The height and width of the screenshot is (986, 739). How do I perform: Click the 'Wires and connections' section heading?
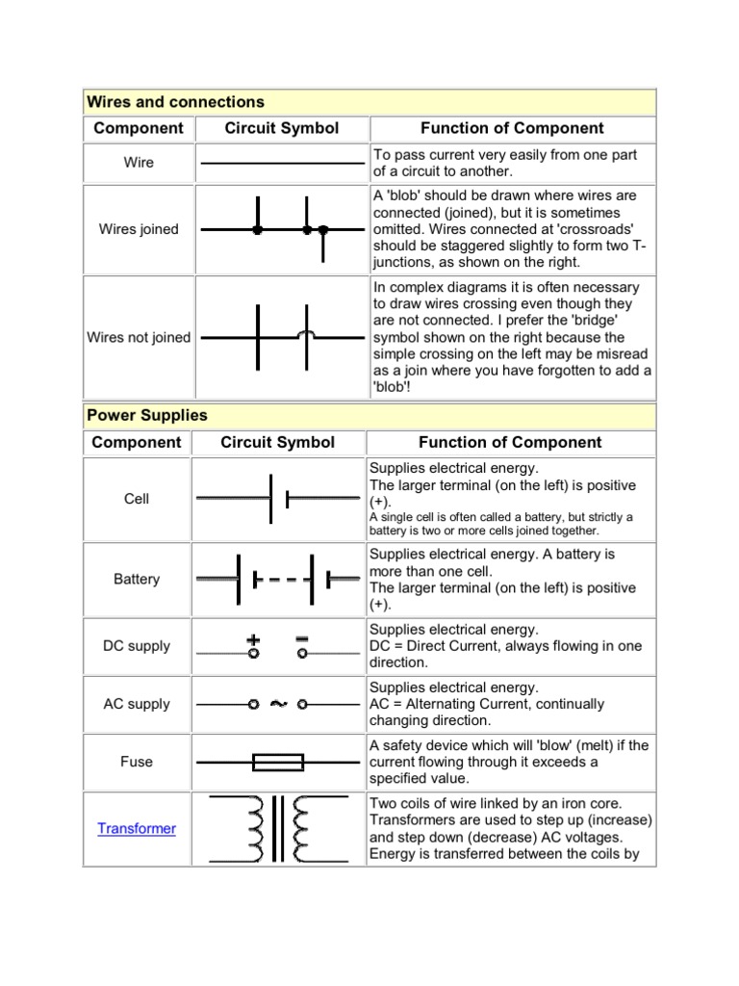click(175, 101)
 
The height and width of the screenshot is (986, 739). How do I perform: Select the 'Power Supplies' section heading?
click(147, 416)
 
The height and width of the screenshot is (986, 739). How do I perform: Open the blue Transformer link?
click(137, 828)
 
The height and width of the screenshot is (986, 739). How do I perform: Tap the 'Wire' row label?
click(139, 163)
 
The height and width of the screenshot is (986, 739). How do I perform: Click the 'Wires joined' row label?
click(139, 229)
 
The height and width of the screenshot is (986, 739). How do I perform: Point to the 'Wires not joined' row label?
click(139, 337)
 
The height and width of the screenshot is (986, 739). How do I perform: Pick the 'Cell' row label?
click(137, 499)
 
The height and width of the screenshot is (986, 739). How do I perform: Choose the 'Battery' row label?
click(137, 579)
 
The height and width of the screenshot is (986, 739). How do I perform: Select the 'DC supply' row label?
click(137, 646)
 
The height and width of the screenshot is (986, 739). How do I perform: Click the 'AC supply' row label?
click(137, 704)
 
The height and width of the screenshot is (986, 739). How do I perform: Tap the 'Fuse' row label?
click(137, 762)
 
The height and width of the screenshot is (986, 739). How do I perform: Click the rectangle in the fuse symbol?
click(278, 763)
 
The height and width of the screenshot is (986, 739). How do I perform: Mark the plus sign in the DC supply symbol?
click(254, 637)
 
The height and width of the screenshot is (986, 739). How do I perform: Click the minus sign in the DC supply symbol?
click(302, 637)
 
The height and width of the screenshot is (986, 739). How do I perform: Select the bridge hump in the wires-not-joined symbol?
click(307, 334)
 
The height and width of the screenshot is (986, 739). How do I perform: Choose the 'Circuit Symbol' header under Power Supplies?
click(278, 443)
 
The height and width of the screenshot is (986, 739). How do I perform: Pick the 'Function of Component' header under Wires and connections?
click(512, 128)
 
